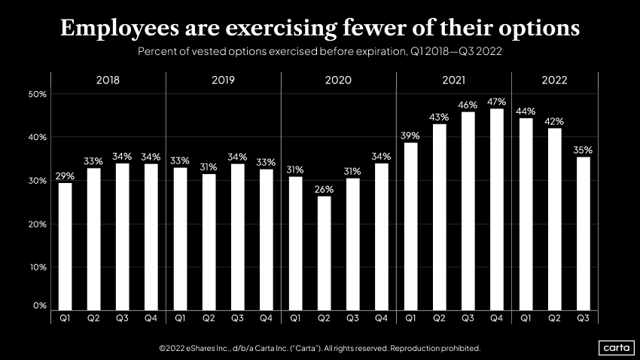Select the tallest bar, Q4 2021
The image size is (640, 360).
pos(496,209)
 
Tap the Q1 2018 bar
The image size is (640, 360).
pos(66,246)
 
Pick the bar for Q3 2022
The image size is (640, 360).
pos(583,233)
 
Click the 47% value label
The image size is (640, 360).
pos(496,101)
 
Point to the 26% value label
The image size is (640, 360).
pos(325,189)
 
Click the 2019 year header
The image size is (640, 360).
pos(223,80)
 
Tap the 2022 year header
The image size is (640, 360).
pos(553,80)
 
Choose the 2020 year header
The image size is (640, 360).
pos(338,80)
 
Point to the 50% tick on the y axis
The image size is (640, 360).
pos(37,94)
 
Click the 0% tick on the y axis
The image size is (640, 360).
pos(39,306)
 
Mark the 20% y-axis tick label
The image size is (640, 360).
pos(37,224)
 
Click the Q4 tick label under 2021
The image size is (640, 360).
pos(496,319)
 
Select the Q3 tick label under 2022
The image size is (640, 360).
pos(583,319)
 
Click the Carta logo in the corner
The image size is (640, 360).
pos(617,347)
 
